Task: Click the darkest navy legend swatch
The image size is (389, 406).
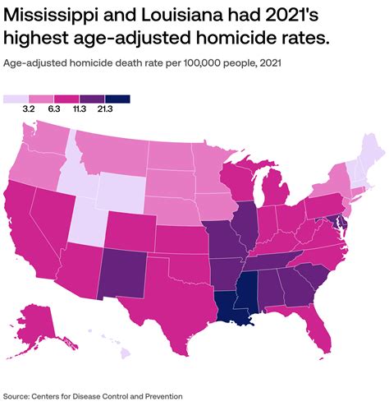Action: click(x=118, y=99)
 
